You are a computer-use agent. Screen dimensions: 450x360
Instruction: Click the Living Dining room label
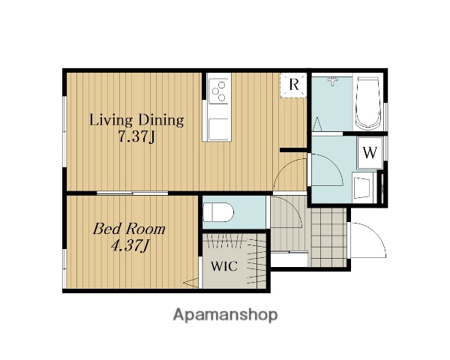click(136, 120)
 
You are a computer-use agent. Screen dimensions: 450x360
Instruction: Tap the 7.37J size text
click(136, 136)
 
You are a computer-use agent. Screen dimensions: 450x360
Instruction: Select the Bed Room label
click(129, 229)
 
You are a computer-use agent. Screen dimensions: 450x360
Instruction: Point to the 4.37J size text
click(130, 246)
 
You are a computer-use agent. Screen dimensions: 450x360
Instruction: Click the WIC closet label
click(224, 266)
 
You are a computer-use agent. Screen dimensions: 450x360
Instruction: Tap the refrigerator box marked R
click(293, 85)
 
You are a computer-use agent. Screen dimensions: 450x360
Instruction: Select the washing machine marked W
click(370, 153)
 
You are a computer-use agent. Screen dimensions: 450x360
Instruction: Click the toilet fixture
click(218, 212)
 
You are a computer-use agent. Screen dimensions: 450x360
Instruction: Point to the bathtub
click(368, 103)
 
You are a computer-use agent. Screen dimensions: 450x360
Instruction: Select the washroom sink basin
click(362, 187)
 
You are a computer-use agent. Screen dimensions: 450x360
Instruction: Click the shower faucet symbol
click(332, 81)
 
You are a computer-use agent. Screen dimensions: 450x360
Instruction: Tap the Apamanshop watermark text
click(225, 315)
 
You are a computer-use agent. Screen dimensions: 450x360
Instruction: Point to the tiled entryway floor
click(329, 237)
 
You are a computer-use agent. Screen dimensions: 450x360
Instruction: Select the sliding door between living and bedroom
click(132, 193)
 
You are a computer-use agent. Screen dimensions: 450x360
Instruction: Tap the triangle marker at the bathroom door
click(317, 124)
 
